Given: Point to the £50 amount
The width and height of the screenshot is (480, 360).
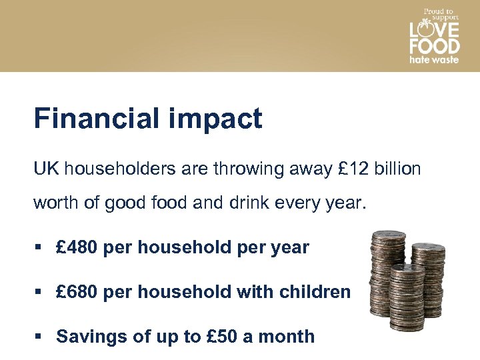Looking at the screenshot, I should click(x=217, y=336).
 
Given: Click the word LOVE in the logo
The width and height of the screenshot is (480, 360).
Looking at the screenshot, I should click(x=434, y=30).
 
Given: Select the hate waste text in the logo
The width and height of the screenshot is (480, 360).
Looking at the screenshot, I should click(x=434, y=59).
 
